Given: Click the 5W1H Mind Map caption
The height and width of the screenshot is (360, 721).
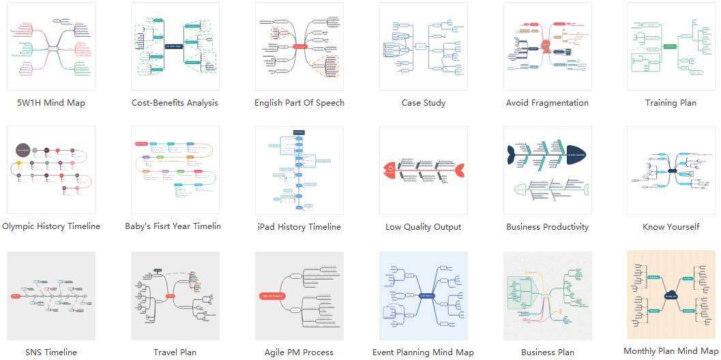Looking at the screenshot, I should [x=51, y=103].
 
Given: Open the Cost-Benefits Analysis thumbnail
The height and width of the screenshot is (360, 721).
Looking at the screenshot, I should [x=175, y=46].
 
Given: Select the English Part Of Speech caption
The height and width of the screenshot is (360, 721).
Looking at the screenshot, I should [x=299, y=103].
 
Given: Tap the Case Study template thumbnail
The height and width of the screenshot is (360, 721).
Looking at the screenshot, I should [x=423, y=46].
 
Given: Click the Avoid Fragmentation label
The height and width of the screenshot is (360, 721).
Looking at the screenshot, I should [x=547, y=103].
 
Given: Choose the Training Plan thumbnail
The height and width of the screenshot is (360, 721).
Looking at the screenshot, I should [x=671, y=46].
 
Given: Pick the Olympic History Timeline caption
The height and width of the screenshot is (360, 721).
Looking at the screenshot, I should [x=51, y=226].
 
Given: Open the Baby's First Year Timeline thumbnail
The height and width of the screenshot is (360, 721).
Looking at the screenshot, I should [x=175, y=170].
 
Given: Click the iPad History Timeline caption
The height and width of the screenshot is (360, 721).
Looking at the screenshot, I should [x=299, y=227].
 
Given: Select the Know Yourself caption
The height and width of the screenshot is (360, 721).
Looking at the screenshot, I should [x=671, y=227].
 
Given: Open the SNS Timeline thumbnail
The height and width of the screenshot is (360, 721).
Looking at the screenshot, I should [x=51, y=295].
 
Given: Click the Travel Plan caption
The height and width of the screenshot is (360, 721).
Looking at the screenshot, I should [x=175, y=352].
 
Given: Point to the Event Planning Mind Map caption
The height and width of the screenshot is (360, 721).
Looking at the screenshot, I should [x=423, y=352].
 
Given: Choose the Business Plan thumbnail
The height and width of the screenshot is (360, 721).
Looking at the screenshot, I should [x=547, y=295].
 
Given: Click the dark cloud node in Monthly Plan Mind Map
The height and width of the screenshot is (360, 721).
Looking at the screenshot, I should [x=671, y=296].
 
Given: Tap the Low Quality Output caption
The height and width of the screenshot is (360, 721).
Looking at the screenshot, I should [x=423, y=227].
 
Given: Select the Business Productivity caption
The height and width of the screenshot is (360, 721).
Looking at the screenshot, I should [x=547, y=227].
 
